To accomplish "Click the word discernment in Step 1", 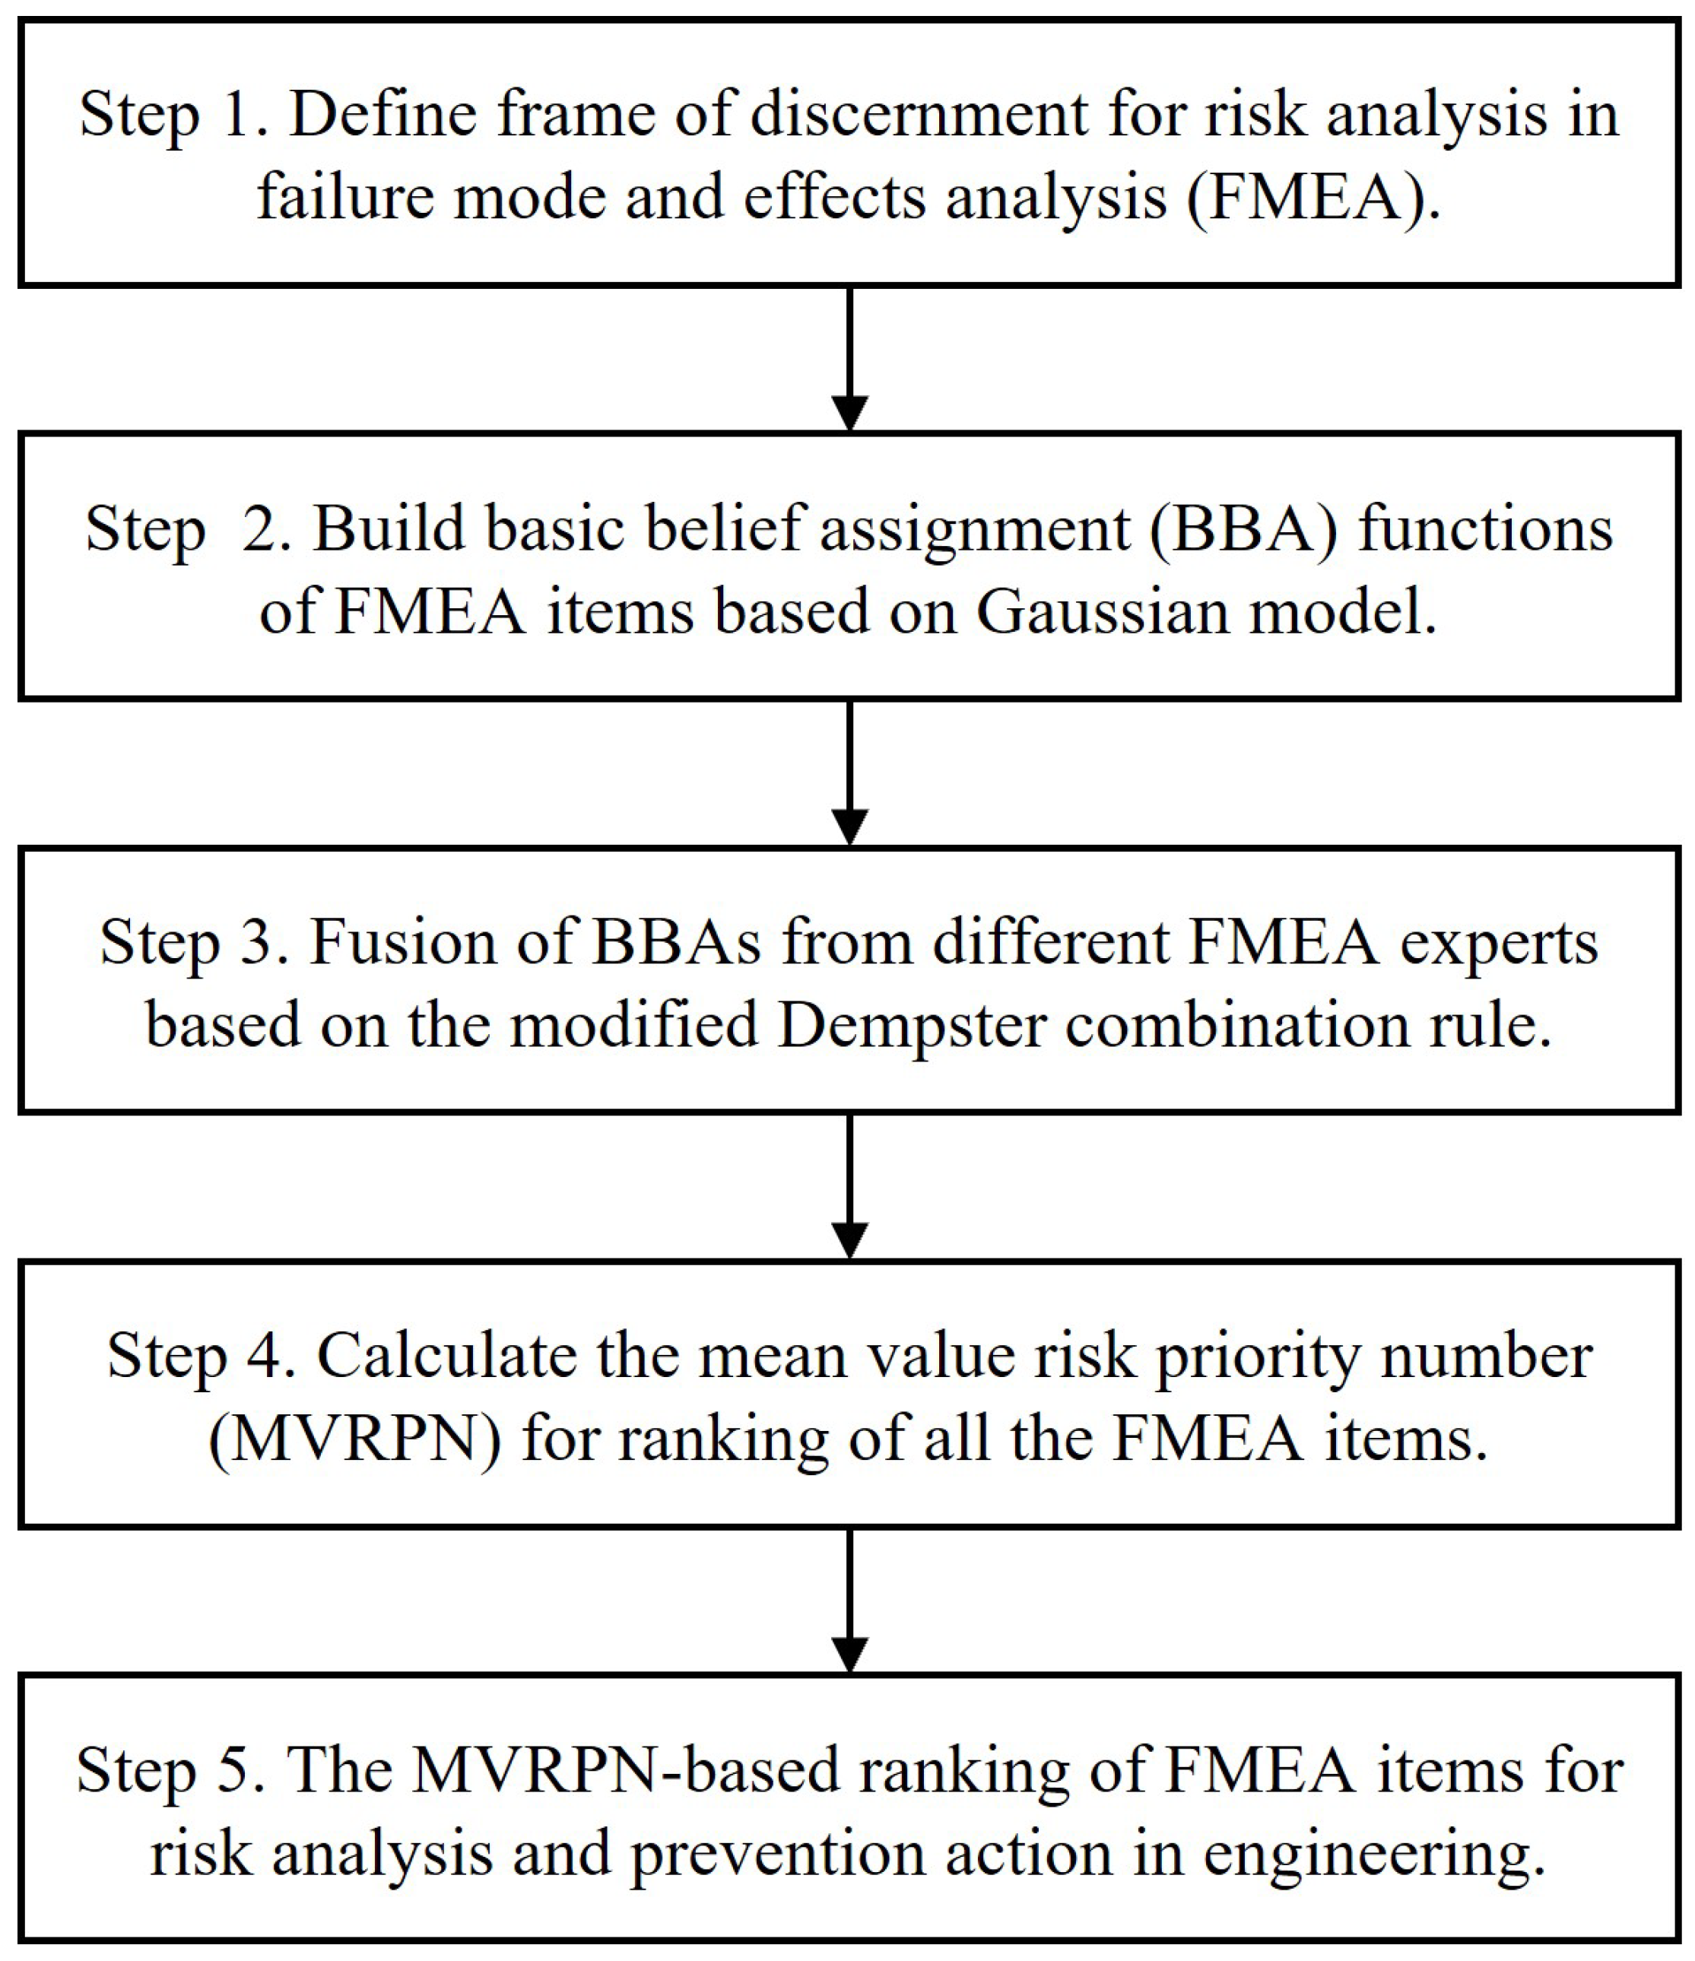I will pyautogui.click(x=918, y=116).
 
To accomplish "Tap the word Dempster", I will pyautogui.click(x=910, y=1025).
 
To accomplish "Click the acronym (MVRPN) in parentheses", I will pyautogui.click(x=354, y=1439).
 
